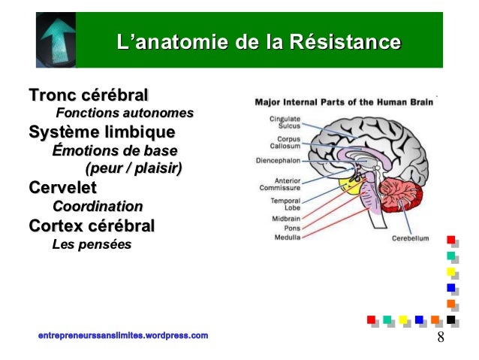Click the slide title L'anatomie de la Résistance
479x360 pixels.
(x=258, y=41)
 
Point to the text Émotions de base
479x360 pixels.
(x=115, y=150)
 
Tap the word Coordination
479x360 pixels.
(x=98, y=205)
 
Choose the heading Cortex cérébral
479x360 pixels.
(x=92, y=225)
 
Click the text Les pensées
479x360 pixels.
(x=91, y=244)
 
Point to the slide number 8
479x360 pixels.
(x=440, y=336)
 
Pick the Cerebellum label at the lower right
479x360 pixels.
(x=408, y=238)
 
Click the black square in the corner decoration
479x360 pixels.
(x=450, y=320)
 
